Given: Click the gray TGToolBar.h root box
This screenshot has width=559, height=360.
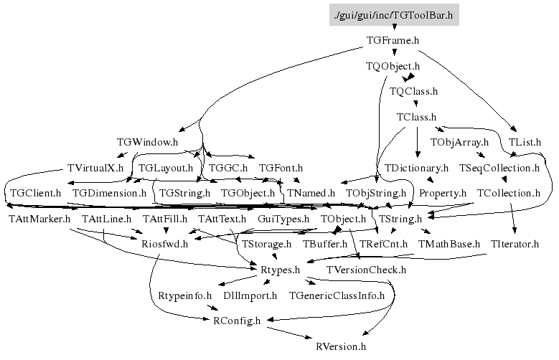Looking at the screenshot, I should [393, 14].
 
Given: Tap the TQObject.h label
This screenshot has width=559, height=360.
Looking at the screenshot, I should [393, 67].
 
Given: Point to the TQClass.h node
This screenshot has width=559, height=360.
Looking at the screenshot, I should [413, 92].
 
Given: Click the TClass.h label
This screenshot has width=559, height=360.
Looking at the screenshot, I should [416, 117].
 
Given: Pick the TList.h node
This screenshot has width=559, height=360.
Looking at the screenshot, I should [525, 142].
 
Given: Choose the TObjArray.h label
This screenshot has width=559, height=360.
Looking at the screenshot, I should [459, 142].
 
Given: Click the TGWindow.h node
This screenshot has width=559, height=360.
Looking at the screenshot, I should [147, 142].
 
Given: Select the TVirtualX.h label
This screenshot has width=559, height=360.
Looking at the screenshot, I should [95, 168].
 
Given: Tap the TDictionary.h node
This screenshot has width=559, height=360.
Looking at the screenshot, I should [417, 168].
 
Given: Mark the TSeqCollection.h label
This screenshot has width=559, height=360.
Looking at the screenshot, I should [498, 168].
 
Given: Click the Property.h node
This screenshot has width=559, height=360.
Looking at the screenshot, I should [443, 193].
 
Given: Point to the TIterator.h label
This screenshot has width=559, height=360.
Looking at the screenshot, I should [515, 244].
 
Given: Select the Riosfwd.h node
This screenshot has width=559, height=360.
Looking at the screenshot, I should [164, 244].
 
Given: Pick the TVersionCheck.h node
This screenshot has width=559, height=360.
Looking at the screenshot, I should [366, 270].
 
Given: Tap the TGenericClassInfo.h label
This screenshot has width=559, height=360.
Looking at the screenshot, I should [337, 295].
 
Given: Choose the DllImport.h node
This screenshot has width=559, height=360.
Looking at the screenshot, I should [250, 295].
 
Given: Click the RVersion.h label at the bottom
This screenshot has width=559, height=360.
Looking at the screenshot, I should [341, 346].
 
